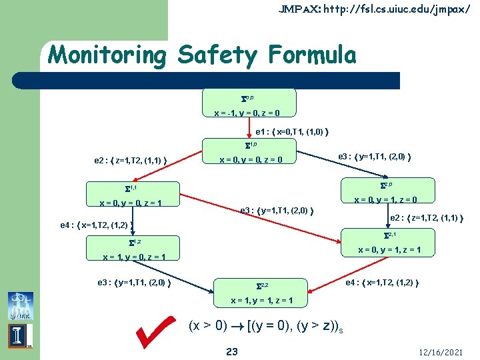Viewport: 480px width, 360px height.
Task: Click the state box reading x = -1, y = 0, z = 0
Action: [x=248, y=103]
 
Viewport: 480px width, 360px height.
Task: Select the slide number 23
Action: [x=231, y=351]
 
